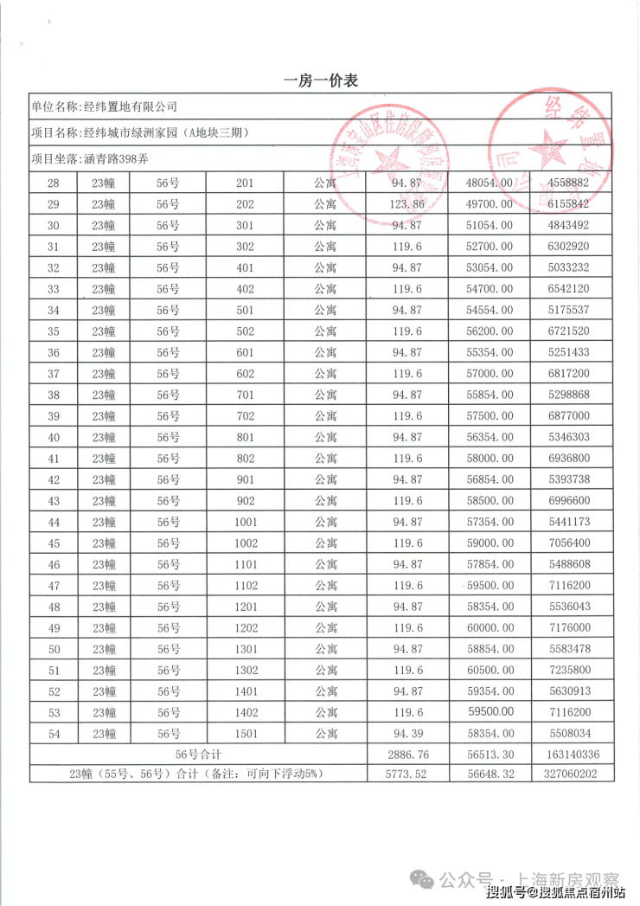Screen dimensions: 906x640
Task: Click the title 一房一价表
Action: coord(320,81)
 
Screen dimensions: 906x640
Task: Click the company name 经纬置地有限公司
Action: coord(129,106)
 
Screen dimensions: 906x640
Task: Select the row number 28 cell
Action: coord(54,183)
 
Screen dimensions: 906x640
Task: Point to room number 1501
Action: coord(245,734)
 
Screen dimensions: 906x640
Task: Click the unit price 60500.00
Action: coord(490,670)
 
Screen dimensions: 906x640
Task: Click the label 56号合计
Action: coord(199,755)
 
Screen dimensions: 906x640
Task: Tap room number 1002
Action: coord(245,543)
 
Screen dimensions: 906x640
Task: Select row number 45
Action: coord(54,543)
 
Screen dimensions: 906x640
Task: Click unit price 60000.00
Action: coord(490,627)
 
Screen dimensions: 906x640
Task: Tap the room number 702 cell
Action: coord(245,415)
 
